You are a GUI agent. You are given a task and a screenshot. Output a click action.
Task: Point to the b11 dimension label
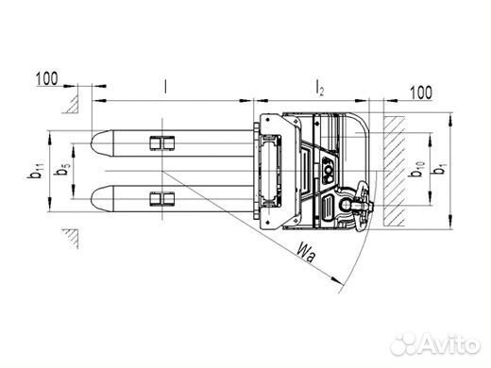coord(37,171)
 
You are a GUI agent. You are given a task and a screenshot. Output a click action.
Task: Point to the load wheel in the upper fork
coord(161,142)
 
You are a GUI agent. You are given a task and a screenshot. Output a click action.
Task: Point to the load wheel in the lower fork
coord(161,200)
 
